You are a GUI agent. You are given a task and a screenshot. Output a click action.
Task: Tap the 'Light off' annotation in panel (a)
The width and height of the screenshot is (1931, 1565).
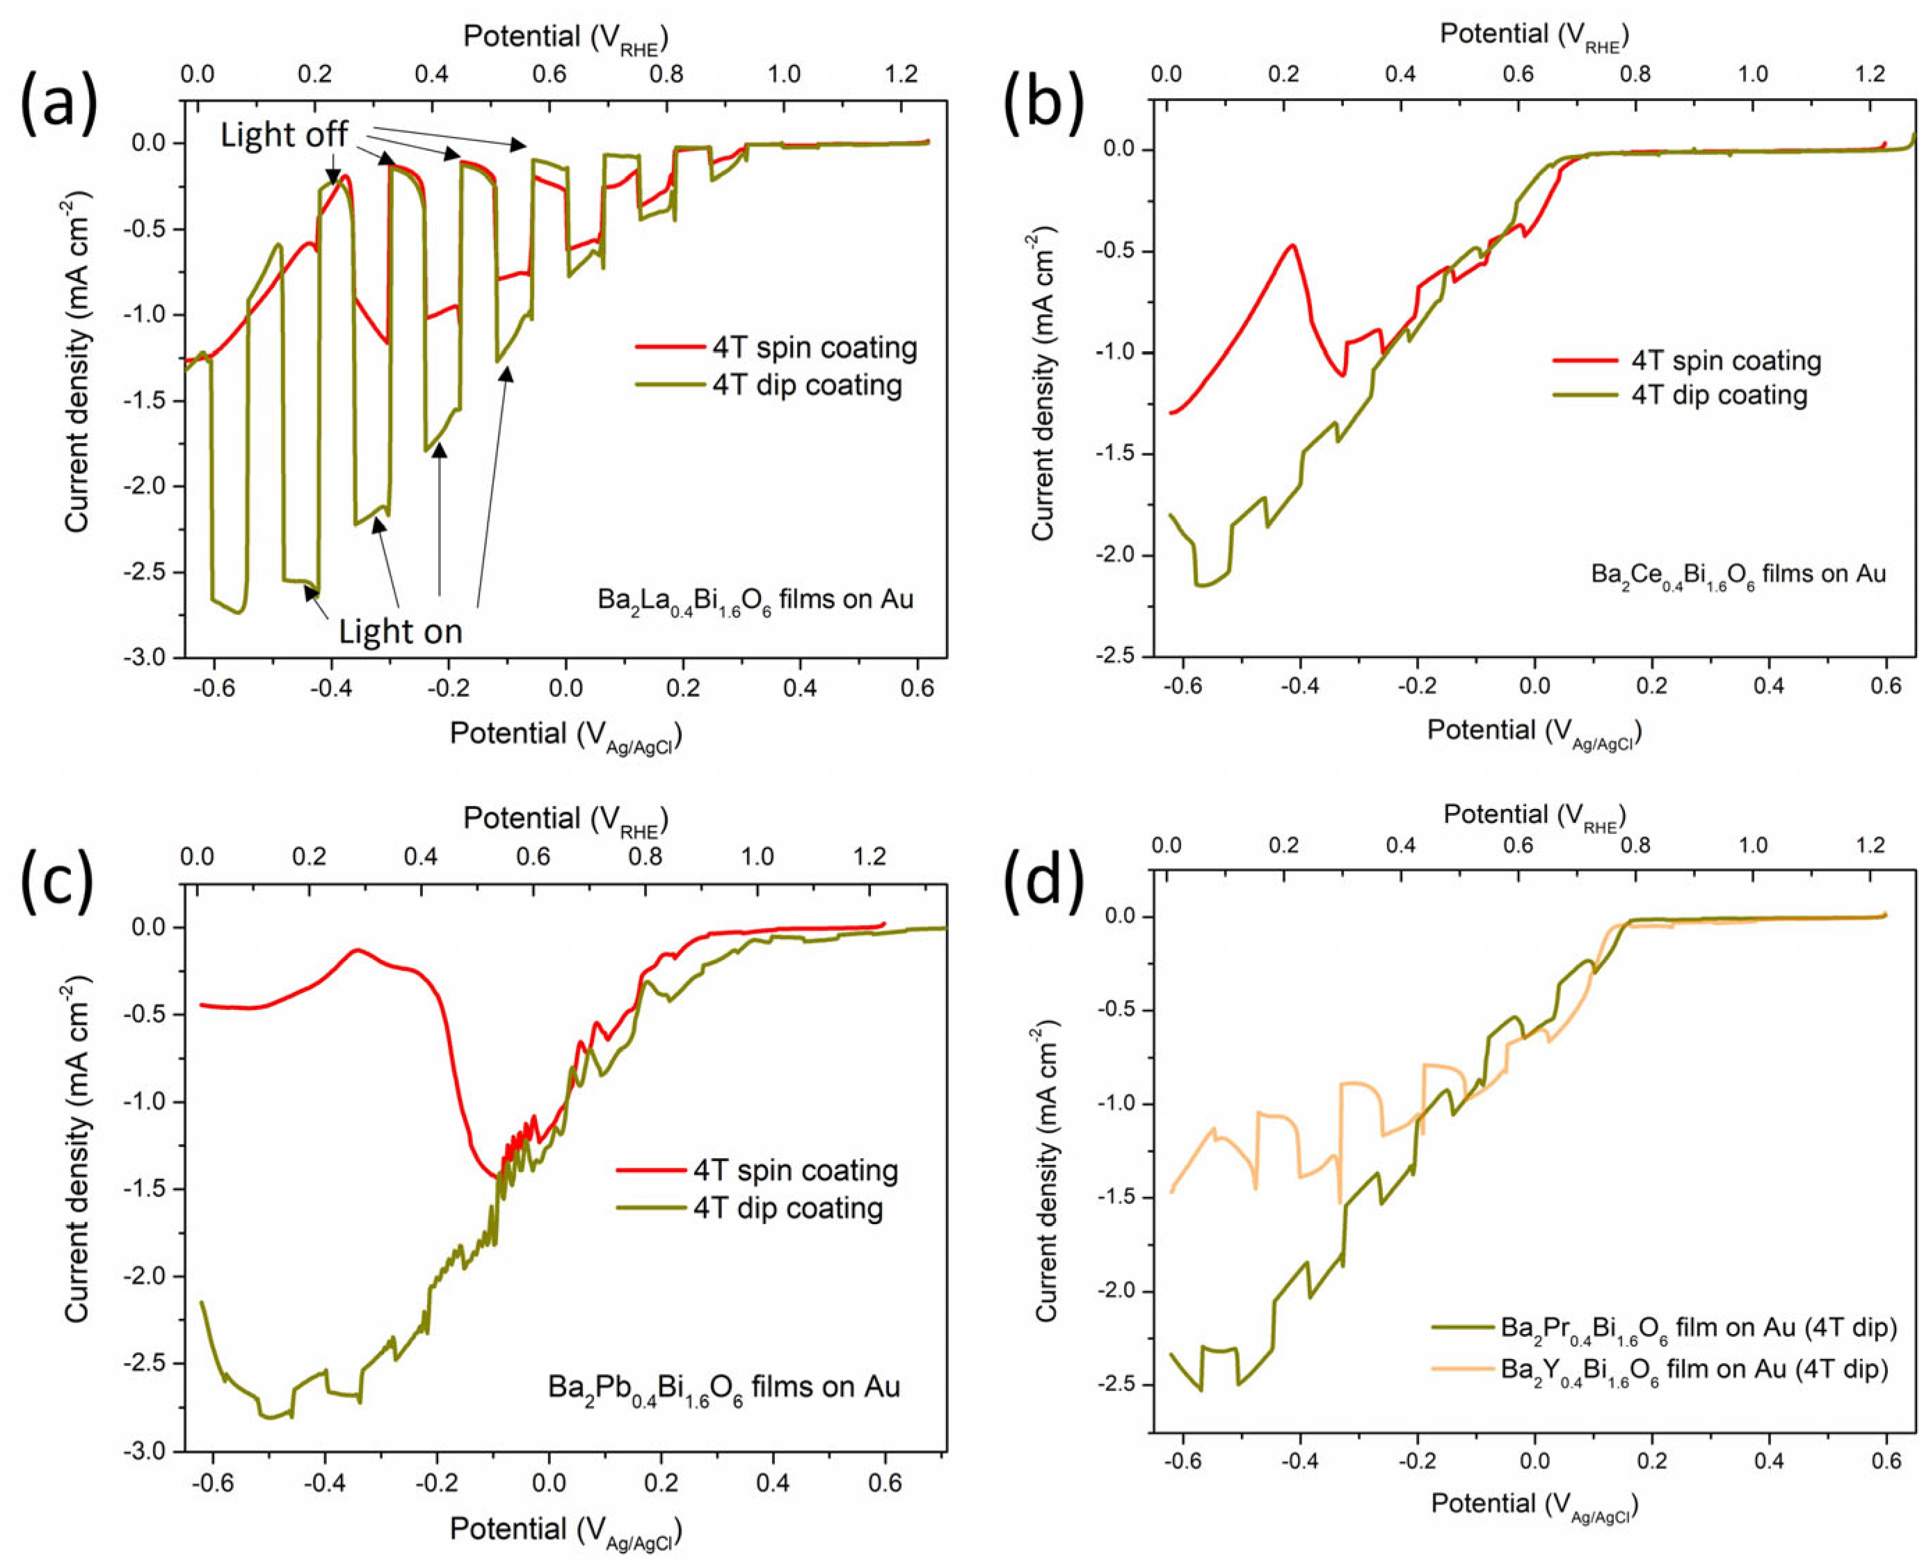[284, 135]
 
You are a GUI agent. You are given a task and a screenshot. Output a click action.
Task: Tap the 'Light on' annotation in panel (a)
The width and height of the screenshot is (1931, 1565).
[400, 631]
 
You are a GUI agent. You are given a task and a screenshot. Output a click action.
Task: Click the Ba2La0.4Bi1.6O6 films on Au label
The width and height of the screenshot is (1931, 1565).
[755, 600]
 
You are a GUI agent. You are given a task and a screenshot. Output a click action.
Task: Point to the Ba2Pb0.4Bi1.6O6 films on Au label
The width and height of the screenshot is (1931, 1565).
[724, 1386]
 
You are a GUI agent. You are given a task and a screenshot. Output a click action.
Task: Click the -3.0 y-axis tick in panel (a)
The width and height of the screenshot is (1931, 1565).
[149, 658]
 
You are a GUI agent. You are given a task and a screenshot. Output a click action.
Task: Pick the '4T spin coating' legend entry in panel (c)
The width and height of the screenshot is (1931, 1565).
[795, 1171]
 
